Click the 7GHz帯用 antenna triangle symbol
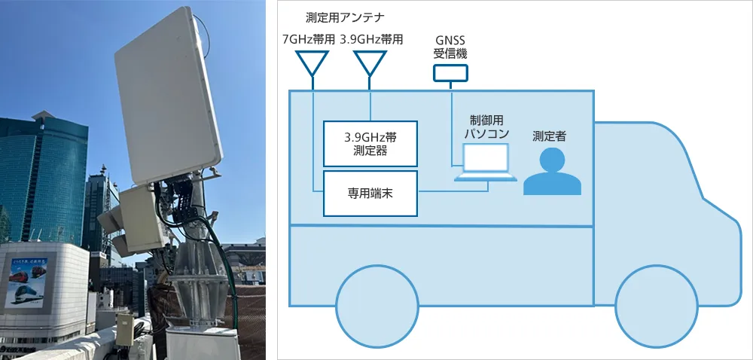313,63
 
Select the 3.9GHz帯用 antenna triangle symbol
370,63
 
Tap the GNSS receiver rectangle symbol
450,72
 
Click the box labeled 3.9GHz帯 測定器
370,143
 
